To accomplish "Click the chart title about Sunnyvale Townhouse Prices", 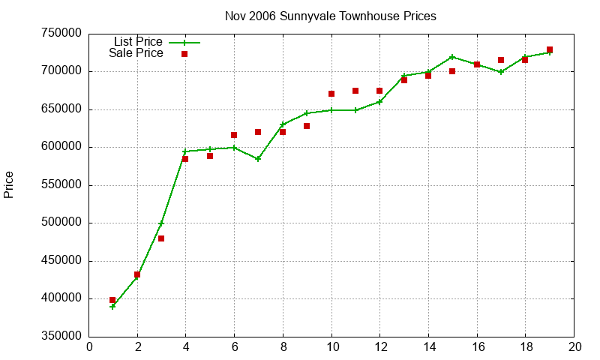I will [x=330, y=16].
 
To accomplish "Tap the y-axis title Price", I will [x=9, y=184].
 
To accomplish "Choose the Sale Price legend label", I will [x=136, y=53].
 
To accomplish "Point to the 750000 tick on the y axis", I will [x=61, y=34].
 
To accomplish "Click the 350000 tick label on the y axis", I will [x=61, y=337].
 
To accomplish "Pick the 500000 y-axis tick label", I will [x=61, y=223].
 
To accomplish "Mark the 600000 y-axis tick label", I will [x=61, y=147].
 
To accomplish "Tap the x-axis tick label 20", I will [x=574, y=346].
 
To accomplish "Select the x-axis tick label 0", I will [x=89, y=346].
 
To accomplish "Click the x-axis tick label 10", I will [x=331, y=346].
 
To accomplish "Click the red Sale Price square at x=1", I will [x=112, y=300].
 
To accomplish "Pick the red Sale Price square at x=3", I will [x=161, y=238].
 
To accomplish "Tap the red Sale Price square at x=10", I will [x=331, y=94].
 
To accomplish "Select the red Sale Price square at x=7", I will [x=258, y=132].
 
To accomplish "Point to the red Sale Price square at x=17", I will [x=501, y=60].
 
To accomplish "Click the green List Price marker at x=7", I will [x=258, y=159].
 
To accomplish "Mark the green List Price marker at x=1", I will [x=112, y=307].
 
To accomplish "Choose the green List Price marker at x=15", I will [x=452, y=57].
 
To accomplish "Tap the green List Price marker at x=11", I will [x=355, y=110].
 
